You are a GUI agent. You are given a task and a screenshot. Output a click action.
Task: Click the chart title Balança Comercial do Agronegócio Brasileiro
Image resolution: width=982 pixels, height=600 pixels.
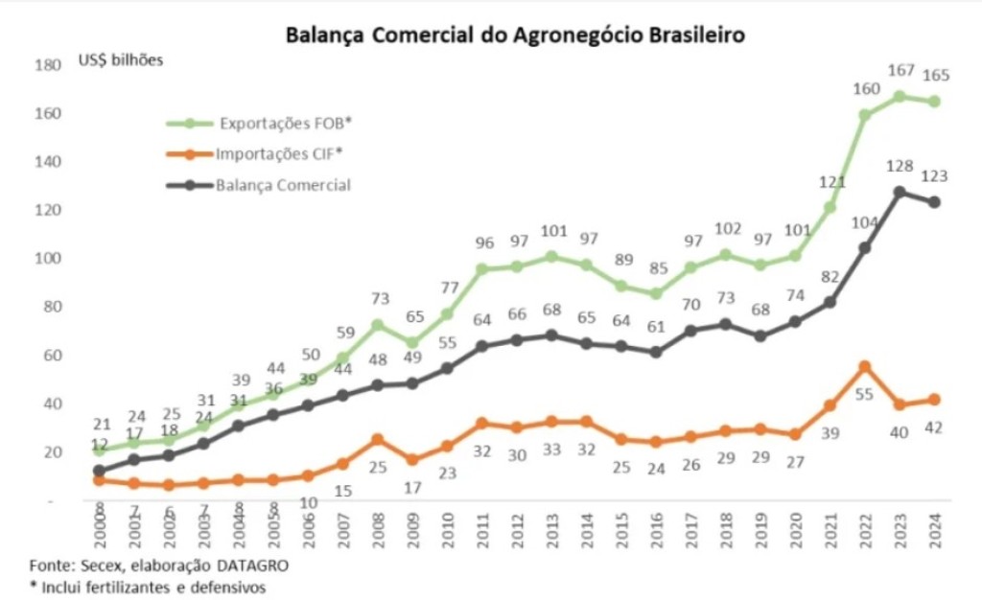pyautogui.click(x=515, y=35)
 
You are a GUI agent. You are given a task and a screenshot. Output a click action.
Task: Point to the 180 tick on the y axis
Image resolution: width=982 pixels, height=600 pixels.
pyautogui.click(x=46, y=65)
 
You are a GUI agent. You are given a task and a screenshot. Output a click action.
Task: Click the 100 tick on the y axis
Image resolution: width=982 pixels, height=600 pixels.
pyautogui.click(x=46, y=259)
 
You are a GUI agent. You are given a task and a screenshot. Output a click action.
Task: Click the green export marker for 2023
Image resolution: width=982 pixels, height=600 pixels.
pyautogui.click(x=900, y=97)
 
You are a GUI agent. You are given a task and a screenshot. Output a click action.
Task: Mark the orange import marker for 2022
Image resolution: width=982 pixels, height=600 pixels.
pyautogui.click(x=864, y=366)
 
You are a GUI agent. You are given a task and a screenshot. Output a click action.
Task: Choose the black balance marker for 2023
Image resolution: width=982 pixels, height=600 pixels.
pyautogui.click(x=900, y=192)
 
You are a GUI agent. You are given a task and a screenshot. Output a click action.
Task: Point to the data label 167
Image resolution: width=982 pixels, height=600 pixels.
pyautogui.click(x=900, y=71)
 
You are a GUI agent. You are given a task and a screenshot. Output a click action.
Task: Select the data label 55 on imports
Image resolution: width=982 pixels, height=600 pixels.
pyautogui.click(x=864, y=394)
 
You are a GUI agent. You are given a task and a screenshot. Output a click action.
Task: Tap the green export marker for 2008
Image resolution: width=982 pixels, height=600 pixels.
pyautogui.click(x=378, y=325)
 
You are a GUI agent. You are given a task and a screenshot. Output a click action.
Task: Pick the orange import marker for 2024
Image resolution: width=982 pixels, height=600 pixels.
pyautogui.click(x=934, y=400)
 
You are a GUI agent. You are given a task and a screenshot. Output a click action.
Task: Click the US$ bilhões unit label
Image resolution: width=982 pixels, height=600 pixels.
pyautogui.click(x=121, y=61)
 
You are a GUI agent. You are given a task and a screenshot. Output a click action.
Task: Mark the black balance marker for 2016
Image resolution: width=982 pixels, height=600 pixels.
pyautogui.click(x=656, y=352)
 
